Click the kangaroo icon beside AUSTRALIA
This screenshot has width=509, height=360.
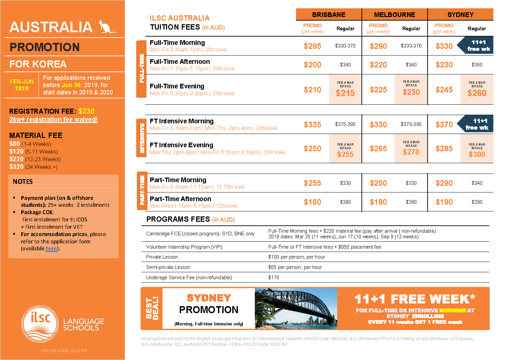(x=106, y=27)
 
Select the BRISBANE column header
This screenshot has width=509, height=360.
(x=329, y=15)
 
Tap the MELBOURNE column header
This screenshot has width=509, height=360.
(x=394, y=15)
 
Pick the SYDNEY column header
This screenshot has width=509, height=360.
(x=460, y=15)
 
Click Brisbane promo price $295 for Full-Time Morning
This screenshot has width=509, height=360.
(x=312, y=46)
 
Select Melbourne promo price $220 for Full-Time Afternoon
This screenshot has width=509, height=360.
(x=378, y=65)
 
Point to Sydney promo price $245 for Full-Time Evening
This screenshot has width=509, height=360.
(x=444, y=90)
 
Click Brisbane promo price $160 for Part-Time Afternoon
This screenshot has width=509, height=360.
(x=312, y=202)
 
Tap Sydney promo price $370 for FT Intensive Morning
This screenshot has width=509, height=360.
(x=444, y=125)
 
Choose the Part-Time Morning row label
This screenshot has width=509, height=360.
(x=178, y=180)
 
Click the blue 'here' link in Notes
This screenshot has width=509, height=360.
(x=51, y=249)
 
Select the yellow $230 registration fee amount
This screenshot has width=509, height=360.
(x=86, y=111)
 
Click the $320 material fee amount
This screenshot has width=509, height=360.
(x=16, y=167)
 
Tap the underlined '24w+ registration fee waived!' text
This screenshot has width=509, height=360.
(x=53, y=119)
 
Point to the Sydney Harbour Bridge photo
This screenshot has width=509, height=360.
(x=296, y=308)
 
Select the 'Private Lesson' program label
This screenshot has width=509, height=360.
(x=162, y=257)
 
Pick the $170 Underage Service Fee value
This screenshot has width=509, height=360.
(x=274, y=278)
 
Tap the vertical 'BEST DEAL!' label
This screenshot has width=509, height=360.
(x=152, y=308)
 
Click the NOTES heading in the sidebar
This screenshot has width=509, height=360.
(x=23, y=181)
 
